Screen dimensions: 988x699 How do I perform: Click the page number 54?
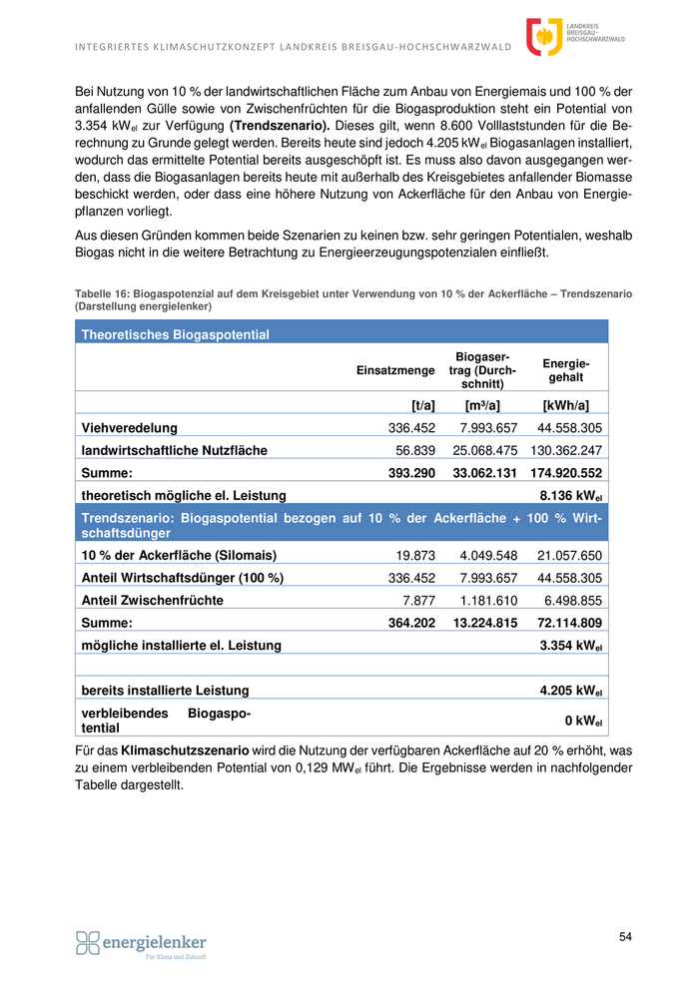pyautogui.click(x=625, y=936)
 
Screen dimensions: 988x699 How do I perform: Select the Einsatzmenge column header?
pyautogui.click(x=395, y=370)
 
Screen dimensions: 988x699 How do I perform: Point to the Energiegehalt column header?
pyautogui.click(x=566, y=370)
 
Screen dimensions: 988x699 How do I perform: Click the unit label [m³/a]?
pyautogui.click(x=482, y=405)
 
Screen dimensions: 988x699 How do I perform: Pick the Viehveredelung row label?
pyautogui.click(x=130, y=428)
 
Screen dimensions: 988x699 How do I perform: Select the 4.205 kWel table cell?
pyautogui.click(x=570, y=690)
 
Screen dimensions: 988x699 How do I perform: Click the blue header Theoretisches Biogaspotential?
pyautogui.click(x=176, y=334)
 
